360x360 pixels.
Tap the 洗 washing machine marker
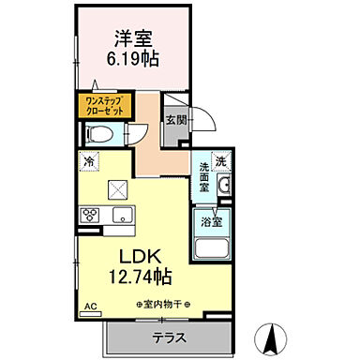click(222, 160)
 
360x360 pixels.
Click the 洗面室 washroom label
click(205, 175)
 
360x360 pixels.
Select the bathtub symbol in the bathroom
click(212, 250)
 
